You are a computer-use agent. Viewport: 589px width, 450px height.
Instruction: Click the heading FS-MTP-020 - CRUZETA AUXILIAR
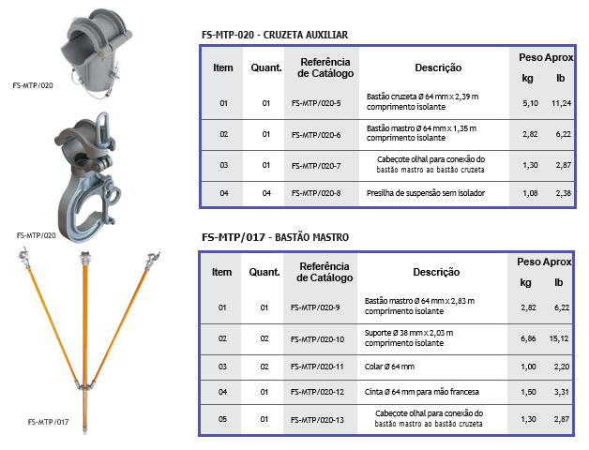pyautogui.click(x=275, y=35)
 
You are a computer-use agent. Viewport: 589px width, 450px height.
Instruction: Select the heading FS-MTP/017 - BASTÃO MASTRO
pyautogui.click(x=276, y=237)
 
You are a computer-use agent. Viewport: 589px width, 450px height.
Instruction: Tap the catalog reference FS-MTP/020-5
pyautogui.click(x=316, y=103)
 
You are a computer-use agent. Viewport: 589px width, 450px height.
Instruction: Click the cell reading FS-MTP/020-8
pyautogui.click(x=316, y=193)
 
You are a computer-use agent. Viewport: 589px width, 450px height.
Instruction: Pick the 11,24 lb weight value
pyautogui.click(x=561, y=103)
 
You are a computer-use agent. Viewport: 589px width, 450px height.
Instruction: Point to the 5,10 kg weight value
pyautogui.click(x=531, y=103)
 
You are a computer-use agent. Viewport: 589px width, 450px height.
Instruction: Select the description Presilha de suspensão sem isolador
pyautogui.click(x=426, y=193)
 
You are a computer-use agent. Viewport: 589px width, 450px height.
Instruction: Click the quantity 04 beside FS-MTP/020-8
pyautogui.click(x=266, y=193)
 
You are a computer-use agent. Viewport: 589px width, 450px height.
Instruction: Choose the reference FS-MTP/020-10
pyautogui.click(x=317, y=339)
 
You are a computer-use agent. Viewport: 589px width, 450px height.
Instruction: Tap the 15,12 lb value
pyautogui.click(x=559, y=338)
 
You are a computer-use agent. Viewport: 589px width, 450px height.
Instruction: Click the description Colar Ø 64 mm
pyautogui.click(x=389, y=367)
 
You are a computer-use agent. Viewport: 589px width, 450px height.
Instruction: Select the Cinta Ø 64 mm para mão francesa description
pyautogui.click(x=421, y=392)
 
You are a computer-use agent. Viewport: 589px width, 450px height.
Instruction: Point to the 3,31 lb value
pyautogui.click(x=562, y=392)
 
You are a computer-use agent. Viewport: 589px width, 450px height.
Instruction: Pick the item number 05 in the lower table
pyautogui.click(x=222, y=419)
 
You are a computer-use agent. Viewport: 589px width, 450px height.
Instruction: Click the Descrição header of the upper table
pyautogui.click(x=438, y=68)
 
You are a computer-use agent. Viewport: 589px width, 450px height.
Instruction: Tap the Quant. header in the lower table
pyautogui.click(x=264, y=272)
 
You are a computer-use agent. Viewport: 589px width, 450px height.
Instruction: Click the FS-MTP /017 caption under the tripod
pyautogui.click(x=48, y=422)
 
